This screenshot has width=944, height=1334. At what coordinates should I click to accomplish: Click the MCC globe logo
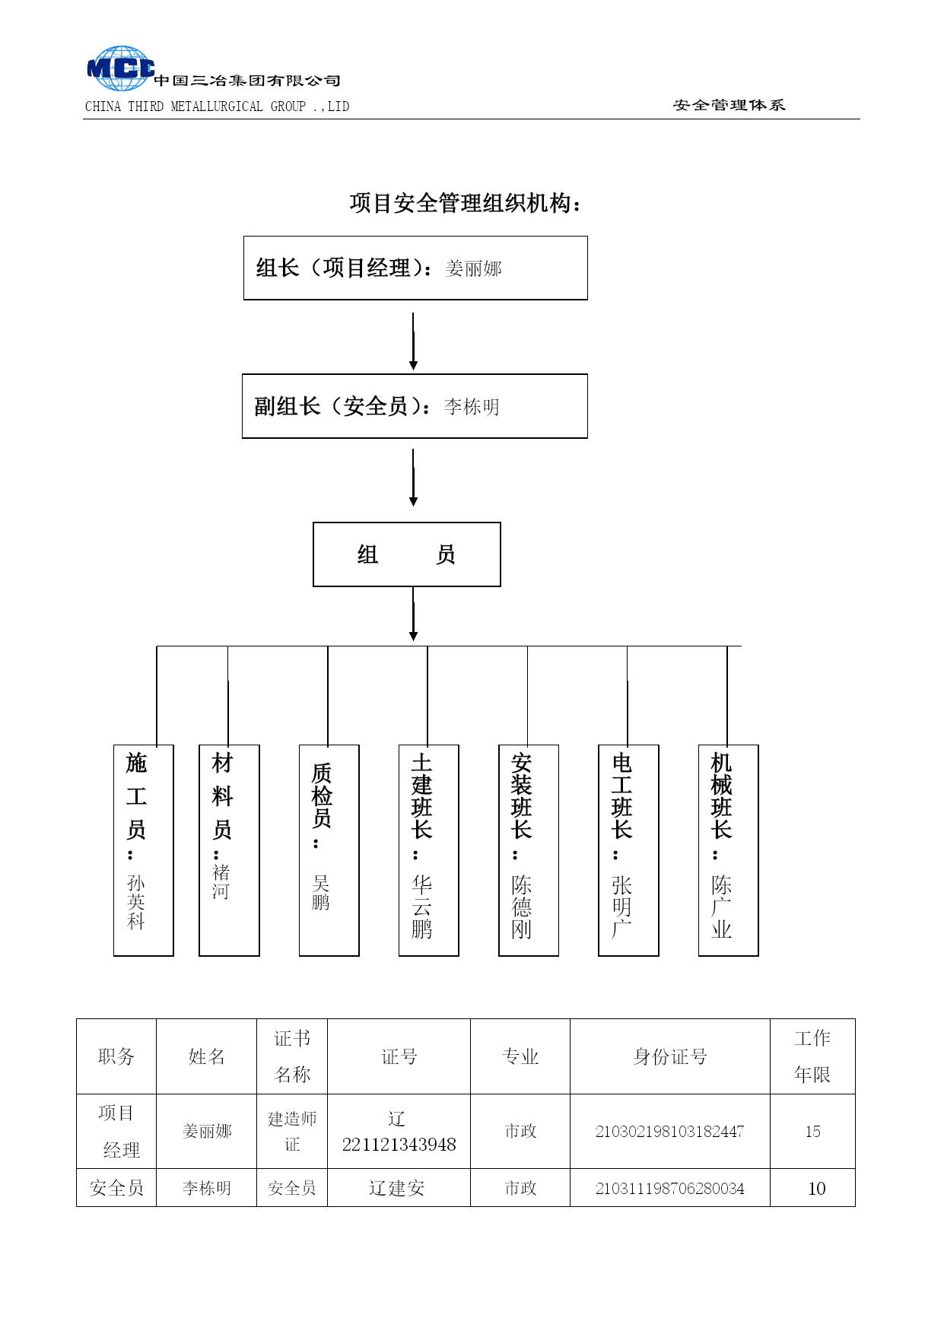[121, 68]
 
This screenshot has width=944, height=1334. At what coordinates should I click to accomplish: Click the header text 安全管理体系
[729, 105]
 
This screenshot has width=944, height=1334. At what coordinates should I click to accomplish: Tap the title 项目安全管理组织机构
[466, 203]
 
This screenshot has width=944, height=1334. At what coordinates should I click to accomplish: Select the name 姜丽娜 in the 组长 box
[473, 268]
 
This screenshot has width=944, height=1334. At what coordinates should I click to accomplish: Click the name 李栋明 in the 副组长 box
[472, 407]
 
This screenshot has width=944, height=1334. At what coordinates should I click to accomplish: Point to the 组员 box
[407, 554]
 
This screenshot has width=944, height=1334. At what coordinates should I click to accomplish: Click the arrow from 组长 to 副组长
[413, 341]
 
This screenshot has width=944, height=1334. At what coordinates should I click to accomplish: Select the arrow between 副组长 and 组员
[413, 478]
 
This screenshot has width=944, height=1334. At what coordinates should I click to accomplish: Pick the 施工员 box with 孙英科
[144, 850]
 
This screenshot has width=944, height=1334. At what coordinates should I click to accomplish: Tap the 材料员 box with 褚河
[229, 850]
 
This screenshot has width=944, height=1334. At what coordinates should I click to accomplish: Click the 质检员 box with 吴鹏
[329, 850]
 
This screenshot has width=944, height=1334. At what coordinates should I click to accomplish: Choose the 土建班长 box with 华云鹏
[429, 850]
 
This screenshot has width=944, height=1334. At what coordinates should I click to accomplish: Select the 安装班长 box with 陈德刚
[529, 850]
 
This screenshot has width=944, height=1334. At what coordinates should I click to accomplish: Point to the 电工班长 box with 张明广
[628, 850]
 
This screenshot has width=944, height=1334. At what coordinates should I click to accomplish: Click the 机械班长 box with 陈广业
[729, 850]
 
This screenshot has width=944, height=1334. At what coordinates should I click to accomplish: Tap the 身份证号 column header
[670, 1056]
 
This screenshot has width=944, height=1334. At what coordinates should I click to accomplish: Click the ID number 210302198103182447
[669, 1132]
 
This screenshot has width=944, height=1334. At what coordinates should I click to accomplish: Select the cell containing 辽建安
[399, 1188]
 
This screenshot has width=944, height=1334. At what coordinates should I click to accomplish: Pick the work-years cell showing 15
[812, 1132]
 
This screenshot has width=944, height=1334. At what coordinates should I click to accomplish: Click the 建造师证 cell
[292, 1132]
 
